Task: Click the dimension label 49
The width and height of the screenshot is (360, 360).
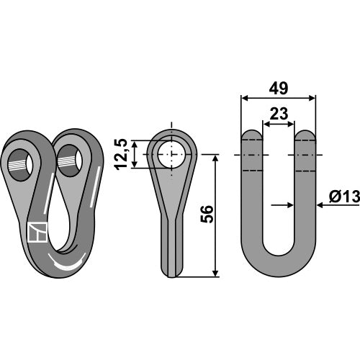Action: (278, 89)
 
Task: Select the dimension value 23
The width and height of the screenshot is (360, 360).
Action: (279, 114)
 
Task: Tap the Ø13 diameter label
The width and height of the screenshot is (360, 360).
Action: (345, 197)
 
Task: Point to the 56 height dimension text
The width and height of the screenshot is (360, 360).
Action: (207, 215)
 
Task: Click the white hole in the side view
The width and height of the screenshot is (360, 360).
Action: (171, 154)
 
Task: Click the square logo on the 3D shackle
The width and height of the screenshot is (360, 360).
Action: (37, 232)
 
